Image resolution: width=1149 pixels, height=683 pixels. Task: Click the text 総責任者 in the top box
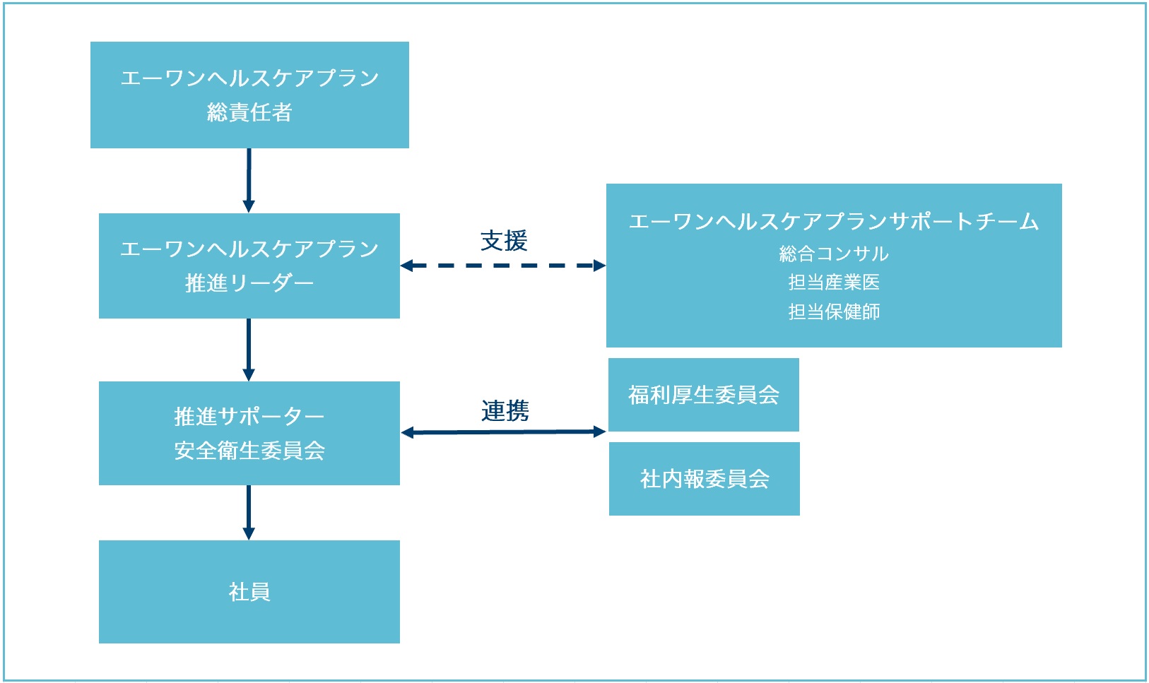pyautogui.click(x=249, y=112)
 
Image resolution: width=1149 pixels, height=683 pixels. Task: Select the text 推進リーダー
pyautogui.click(x=249, y=283)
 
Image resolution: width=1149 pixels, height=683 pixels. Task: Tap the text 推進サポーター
pyautogui.click(x=249, y=416)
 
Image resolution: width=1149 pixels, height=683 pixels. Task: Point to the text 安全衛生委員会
pyautogui.click(x=249, y=451)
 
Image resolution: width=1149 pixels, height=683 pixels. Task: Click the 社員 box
pyautogui.click(x=249, y=592)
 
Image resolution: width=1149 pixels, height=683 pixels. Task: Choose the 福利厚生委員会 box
pyautogui.click(x=704, y=395)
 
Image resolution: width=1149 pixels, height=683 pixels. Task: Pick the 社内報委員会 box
pyautogui.click(x=705, y=479)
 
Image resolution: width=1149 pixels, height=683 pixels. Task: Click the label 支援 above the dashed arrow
pyautogui.click(x=504, y=241)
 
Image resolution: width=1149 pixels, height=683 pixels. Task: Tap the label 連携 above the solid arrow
pyautogui.click(x=505, y=411)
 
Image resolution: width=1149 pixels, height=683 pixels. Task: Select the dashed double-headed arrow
pyautogui.click(x=502, y=266)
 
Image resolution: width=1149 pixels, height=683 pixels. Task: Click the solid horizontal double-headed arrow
pyautogui.click(x=503, y=432)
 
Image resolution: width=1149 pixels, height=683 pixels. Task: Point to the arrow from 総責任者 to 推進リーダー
pyautogui.click(x=249, y=181)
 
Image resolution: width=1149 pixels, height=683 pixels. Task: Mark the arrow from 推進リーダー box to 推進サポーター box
pyautogui.click(x=249, y=350)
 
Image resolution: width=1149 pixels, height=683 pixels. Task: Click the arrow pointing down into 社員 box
pyautogui.click(x=249, y=513)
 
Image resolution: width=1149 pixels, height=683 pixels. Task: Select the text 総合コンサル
pyautogui.click(x=834, y=254)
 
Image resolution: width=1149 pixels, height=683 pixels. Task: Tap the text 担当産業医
pyautogui.click(x=834, y=282)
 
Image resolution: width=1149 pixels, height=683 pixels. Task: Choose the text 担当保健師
pyautogui.click(x=834, y=311)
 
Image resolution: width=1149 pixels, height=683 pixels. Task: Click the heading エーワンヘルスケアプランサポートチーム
pyautogui.click(x=834, y=222)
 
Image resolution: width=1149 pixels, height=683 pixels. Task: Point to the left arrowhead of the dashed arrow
pyautogui.click(x=406, y=266)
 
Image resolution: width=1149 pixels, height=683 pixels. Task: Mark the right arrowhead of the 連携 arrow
pyautogui.click(x=600, y=432)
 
